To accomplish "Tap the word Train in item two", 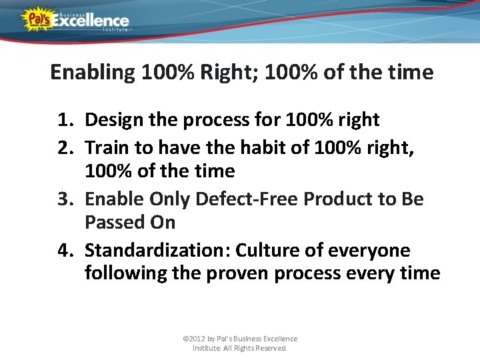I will tap(107, 146).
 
